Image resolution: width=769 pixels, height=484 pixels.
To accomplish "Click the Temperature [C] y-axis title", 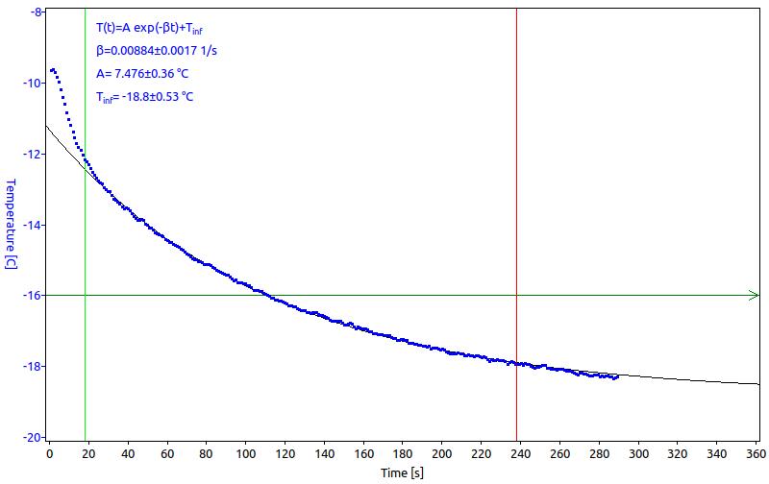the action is pyautogui.click(x=11, y=224).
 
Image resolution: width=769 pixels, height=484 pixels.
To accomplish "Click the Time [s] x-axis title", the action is pyautogui.click(x=402, y=472).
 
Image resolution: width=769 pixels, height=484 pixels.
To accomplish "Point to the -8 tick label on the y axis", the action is pyautogui.click(x=37, y=12).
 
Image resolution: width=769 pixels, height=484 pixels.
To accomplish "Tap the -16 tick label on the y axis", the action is pyautogui.click(x=33, y=296).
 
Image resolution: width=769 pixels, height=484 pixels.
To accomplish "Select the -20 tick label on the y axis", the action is pyautogui.click(x=33, y=438).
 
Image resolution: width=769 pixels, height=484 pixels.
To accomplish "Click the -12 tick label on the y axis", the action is pyautogui.click(x=33, y=154).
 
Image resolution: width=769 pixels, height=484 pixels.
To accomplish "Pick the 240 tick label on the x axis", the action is pyautogui.click(x=520, y=454).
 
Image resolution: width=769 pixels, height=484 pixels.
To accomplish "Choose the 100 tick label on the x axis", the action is pyautogui.click(x=245, y=454).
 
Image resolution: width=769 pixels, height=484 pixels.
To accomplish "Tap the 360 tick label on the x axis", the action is pyautogui.click(x=756, y=454).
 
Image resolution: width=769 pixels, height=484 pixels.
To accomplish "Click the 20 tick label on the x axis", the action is pyautogui.click(x=88, y=454).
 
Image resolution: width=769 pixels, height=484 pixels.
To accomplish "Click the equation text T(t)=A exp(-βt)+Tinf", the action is pyautogui.click(x=149, y=28).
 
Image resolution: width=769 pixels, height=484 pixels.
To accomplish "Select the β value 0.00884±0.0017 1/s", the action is pyautogui.click(x=157, y=51).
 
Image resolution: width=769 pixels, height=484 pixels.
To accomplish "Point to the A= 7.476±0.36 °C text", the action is pyautogui.click(x=142, y=74).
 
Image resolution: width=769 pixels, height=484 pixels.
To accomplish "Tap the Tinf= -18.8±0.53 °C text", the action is pyautogui.click(x=145, y=97).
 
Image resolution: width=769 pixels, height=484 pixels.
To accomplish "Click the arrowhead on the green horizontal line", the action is pyautogui.click(x=754, y=295).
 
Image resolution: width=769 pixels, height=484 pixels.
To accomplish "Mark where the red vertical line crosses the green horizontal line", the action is pyautogui.click(x=516, y=295).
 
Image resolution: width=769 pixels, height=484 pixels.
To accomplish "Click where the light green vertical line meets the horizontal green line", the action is pyautogui.click(x=86, y=295).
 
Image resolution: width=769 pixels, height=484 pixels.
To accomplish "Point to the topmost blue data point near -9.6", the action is pyautogui.click(x=53, y=69).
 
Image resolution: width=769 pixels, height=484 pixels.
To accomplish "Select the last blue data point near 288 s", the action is pyautogui.click(x=617, y=376).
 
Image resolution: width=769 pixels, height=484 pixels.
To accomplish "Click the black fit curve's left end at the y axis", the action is pyautogui.click(x=46, y=126).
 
